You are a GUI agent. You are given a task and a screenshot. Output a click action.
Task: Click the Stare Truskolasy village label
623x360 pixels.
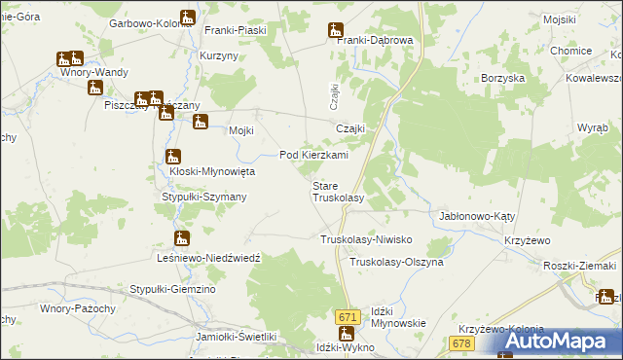tap(337, 191)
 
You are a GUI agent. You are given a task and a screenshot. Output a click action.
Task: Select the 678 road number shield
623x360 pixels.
tap(462, 343)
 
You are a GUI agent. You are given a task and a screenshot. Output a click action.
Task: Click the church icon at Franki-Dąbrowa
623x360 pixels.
tap(337, 29)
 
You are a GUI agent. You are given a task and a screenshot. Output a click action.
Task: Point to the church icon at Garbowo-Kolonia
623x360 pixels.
tap(188, 18)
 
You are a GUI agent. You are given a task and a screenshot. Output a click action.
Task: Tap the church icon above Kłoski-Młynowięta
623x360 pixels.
tap(173, 157)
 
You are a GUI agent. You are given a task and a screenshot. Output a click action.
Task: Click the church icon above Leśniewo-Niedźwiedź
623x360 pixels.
tap(182, 237)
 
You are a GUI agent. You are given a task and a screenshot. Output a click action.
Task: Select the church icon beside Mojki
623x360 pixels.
tap(201, 123)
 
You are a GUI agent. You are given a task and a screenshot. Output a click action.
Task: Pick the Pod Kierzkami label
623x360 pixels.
tap(313, 155)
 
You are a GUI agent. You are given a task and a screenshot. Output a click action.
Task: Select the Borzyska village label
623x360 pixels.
tap(503, 77)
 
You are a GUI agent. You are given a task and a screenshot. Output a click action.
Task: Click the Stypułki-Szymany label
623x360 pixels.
tap(203, 197)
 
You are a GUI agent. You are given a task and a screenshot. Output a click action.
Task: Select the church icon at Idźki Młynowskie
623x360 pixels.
tap(359, 334)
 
